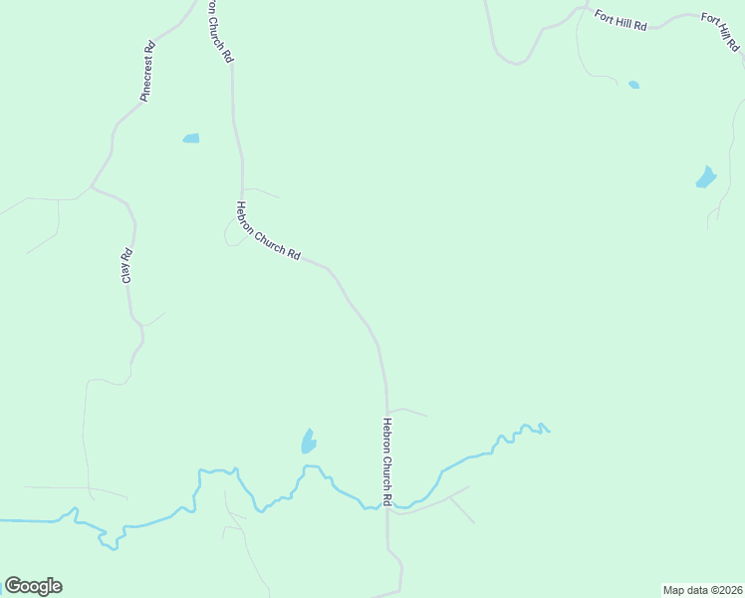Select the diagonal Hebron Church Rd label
[x=268, y=231]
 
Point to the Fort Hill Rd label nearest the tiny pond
[x=621, y=20]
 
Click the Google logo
[x=33, y=586]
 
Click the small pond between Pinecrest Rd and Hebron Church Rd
[x=191, y=139]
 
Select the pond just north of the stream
[x=309, y=441]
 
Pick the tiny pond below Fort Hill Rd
[x=633, y=85]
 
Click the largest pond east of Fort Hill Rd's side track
[x=706, y=178]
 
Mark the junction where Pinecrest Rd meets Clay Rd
[x=92, y=186]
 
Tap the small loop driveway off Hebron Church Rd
[x=237, y=231]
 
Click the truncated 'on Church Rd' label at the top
[x=221, y=32]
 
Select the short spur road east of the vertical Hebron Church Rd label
[x=408, y=411]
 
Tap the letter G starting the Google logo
[x=14, y=586]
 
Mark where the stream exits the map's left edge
[x=2, y=520]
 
